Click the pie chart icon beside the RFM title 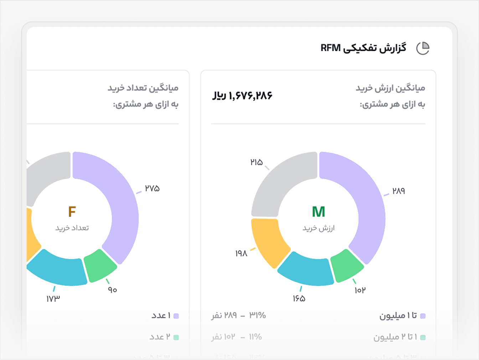coord(423,48)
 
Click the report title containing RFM coord(363,48)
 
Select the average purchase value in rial coord(242,95)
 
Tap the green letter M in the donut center coord(318,212)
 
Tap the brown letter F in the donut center coord(72,212)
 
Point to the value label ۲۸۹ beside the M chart coord(398,191)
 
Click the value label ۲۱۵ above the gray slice coord(257,162)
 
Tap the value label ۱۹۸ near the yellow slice coord(241,254)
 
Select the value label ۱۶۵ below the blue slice coord(299,299)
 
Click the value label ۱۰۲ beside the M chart coord(360,291)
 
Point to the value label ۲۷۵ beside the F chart coord(152,188)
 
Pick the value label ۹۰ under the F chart coord(113,290)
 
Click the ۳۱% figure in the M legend coord(257,315)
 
